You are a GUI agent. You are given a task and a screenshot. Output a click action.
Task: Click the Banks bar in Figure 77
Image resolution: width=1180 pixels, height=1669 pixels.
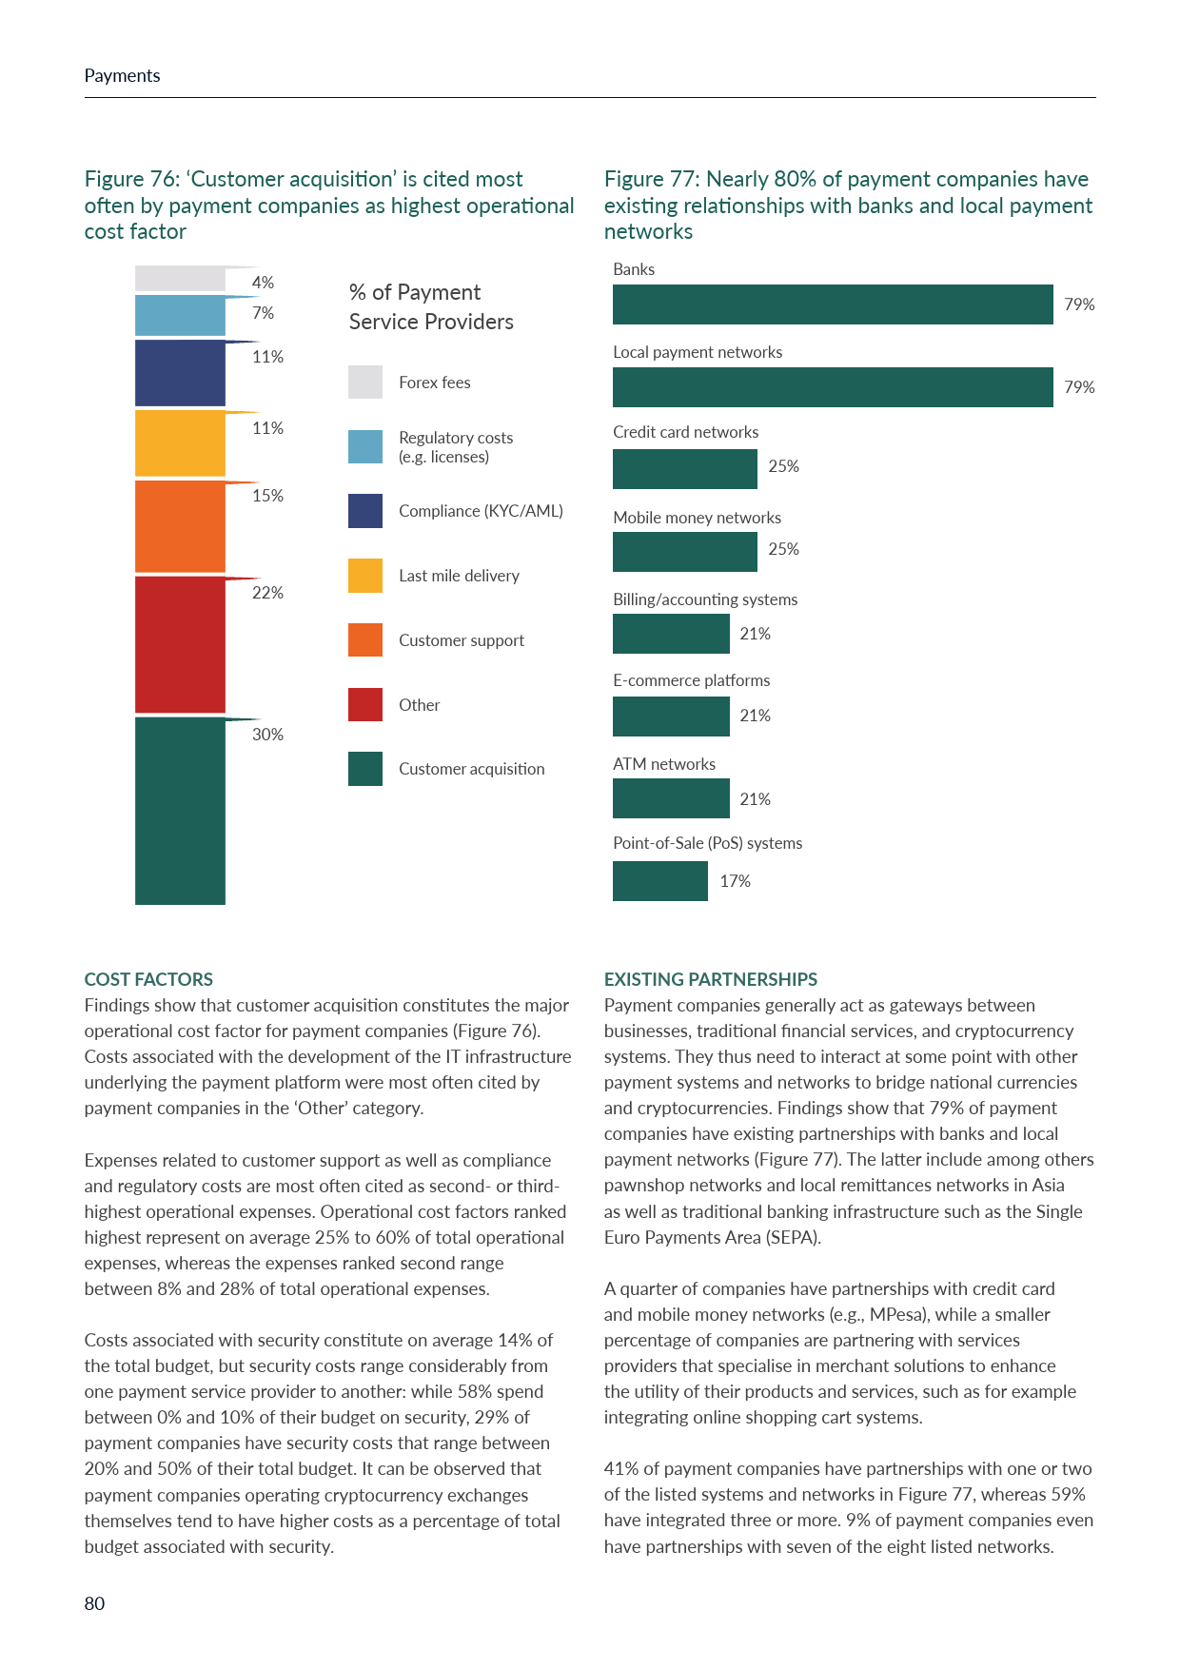(x=833, y=304)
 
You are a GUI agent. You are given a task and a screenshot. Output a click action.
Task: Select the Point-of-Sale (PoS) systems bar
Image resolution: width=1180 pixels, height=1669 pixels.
(x=659, y=881)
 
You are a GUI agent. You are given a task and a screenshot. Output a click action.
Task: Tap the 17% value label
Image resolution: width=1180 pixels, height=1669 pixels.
(x=735, y=881)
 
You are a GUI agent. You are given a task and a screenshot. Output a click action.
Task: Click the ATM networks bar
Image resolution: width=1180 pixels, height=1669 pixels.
(x=671, y=798)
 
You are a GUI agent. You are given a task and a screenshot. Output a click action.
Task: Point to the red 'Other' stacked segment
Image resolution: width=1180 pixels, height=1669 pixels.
(x=180, y=644)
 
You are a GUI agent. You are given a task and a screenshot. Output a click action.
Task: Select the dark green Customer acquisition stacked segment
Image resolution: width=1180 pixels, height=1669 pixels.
(x=180, y=811)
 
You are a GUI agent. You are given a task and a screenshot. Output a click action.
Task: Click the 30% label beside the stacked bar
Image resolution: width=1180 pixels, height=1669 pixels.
(x=267, y=735)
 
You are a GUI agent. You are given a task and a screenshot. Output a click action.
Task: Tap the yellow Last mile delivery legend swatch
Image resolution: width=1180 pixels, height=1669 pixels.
(x=365, y=576)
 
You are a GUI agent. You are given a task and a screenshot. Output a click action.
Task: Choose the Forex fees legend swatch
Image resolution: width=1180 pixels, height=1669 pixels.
(x=365, y=383)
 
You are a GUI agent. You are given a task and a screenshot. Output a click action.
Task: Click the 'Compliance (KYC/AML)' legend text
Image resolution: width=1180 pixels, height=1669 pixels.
(x=481, y=511)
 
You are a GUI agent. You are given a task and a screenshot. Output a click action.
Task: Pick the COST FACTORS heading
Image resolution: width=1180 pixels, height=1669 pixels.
(x=148, y=979)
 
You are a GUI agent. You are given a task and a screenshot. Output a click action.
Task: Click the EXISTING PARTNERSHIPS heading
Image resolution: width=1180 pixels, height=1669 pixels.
(x=711, y=979)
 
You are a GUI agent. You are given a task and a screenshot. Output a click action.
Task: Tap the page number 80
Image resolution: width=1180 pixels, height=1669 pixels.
(x=94, y=1603)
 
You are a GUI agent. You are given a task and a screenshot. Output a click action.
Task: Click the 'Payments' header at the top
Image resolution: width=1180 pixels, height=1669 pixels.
(x=122, y=76)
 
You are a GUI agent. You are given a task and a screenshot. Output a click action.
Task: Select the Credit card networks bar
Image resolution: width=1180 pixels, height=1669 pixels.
(x=684, y=469)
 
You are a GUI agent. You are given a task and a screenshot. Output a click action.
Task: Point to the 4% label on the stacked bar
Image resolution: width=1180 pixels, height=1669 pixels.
(x=263, y=283)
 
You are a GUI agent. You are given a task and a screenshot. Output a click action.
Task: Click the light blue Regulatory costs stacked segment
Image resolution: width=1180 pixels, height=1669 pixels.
(x=180, y=316)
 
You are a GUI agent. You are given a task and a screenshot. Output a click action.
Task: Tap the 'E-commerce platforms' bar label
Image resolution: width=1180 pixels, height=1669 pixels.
(x=691, y=680)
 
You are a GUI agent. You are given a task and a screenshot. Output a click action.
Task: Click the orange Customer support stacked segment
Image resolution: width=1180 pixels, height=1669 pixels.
(x=180, y=526)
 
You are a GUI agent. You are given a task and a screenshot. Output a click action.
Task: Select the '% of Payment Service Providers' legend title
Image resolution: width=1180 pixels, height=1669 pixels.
(x=431, y=306)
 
